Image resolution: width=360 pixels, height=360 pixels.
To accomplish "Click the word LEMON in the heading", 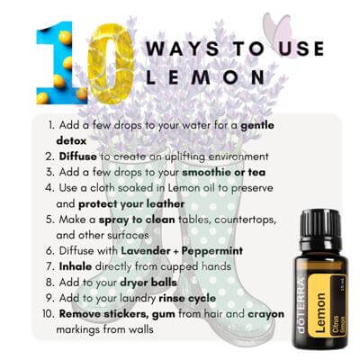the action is [x=205, y=76].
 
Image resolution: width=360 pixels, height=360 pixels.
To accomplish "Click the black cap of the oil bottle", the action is [x=320, y=226].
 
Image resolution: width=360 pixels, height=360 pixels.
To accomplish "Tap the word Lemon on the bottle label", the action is [x=320, y=312].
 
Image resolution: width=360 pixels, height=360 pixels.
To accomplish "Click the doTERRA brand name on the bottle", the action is [x=301, y=306].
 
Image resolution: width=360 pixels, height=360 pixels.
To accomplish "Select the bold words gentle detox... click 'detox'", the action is [x=71, y=140].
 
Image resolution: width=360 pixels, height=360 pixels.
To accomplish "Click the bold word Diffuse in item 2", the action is [x=78, y=157].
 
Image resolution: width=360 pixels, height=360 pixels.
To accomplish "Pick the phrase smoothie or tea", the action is [x=224, y=172].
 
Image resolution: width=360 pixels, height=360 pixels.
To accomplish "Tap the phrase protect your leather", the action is [x=131, y=204].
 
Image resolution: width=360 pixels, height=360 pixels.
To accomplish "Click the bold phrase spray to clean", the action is [x=137, y=220].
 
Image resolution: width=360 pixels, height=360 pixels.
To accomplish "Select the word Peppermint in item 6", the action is [x=212, y=251].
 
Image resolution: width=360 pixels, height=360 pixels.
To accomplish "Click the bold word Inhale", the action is [x=76, y=266].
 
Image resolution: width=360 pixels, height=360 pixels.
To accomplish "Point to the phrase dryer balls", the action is [x=148, y=283].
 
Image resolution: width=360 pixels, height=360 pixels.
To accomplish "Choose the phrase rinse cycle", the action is [x=187, y=298].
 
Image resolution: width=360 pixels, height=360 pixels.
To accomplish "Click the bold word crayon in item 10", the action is [x=265, y=314].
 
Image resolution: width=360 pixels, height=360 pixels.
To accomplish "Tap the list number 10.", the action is [x=49, y=314].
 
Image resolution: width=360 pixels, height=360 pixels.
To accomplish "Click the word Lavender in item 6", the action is [x=146, y=251].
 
